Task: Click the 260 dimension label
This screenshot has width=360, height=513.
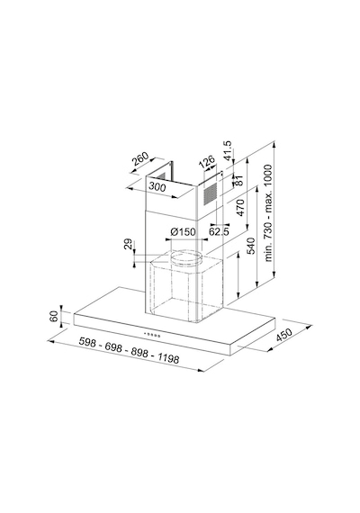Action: tap(139, 158)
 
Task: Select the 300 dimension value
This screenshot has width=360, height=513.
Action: tap(157, 186)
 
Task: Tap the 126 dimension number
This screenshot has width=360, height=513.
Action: tap(207, 161)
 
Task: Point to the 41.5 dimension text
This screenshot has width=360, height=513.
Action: tap(227, 150)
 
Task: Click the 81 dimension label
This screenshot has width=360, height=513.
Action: tap(239, 180)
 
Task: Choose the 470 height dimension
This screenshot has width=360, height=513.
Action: tap(240, 207)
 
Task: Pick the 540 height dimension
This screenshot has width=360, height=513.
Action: tap(250, 246)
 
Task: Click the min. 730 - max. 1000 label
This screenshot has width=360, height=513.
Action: tap(268, 213)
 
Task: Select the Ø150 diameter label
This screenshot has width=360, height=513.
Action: tap(183, 232)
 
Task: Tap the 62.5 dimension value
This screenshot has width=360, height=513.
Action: tap(219, 231)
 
